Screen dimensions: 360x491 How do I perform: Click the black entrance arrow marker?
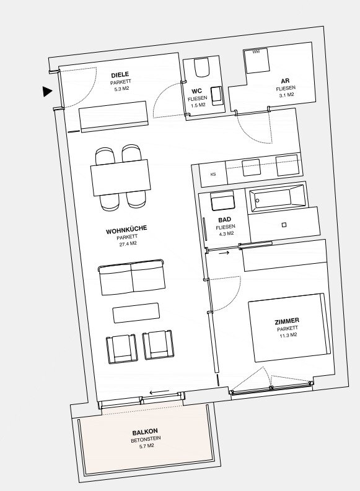[x=47, y=92]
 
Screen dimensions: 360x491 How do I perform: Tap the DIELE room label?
[x=120, y=75]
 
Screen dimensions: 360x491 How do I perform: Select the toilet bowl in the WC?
[x=201, y=67]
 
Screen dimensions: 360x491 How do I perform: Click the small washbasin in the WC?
[x=217, y=95]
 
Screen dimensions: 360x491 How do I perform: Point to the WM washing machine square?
[x=257, y=61]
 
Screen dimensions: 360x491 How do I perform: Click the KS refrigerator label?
[x=213, y=175]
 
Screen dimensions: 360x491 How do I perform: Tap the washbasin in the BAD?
[x=223, y=201]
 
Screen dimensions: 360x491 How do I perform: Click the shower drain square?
[x=284, y=225]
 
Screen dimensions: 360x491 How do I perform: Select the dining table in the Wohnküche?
[x=121, y=178]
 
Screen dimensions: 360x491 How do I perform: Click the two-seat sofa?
[x=132, y=277]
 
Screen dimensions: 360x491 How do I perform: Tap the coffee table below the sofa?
[x=136, y=313]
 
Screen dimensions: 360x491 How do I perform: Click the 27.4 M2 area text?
[x=128, y=244]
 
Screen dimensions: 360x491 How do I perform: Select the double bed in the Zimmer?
[x=289, y=328]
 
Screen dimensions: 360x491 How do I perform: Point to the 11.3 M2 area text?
[x=288, y=336]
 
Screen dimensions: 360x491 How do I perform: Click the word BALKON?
[x=145, y=432]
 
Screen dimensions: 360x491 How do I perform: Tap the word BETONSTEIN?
[x=146, y=440]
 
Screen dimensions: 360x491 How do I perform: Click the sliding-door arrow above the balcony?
[x=159, y=392]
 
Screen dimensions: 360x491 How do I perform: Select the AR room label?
[x=285, y=81]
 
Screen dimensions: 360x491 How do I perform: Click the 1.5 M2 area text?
[x=198, y=105]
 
